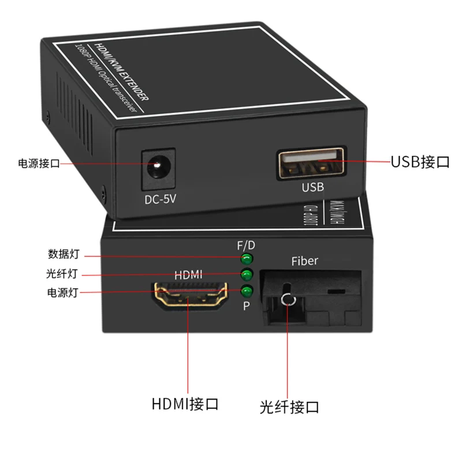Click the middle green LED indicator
248,274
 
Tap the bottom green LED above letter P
248,290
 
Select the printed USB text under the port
313,187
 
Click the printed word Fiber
304,261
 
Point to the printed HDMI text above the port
188,275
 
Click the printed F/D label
246,245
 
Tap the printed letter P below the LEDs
246,305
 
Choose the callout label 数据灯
63,254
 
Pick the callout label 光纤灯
63,273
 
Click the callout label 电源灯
63,292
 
